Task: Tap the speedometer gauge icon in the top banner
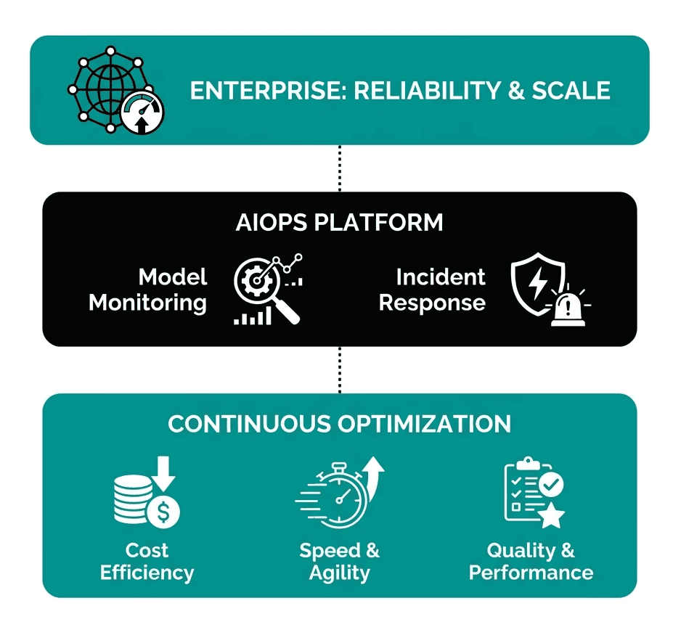(x=143, y=115)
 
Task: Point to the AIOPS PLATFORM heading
(x=339, y=222)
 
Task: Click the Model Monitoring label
(x=148, y=289)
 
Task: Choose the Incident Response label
(x=433, y=289)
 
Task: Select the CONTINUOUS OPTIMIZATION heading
(x=339, y=424)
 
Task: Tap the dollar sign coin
(x=164, y=513)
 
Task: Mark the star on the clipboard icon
(x=551, y=516)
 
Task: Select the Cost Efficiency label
(x=147, y=562)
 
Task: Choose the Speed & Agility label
(x=339, y=562)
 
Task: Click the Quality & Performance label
(x=531, y=562)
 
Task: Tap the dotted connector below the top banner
(x=339, y=168)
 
